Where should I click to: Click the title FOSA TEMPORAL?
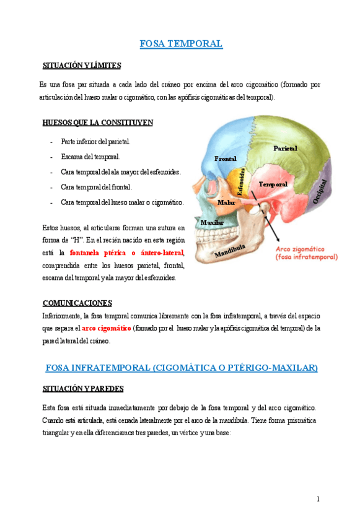tap(180, 43)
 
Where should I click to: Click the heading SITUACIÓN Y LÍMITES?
tap(81, 66)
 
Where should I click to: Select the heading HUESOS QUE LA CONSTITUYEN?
tap(97, 123)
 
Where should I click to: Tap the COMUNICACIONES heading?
tap(77, 303)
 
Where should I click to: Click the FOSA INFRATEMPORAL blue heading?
tap(182, 368)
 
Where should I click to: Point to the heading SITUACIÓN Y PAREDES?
tap(83, 389)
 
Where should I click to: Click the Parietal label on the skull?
tap(285, 149)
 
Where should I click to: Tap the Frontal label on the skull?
tap(225, 159)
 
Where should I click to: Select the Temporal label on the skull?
tap(273, 184)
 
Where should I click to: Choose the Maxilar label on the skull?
tap(212, 222)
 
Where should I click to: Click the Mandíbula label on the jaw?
tap(230, 250)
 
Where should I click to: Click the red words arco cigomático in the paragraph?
tap(106, 328)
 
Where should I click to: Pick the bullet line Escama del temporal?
tap(90, 157)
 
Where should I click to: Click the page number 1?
tap(318, 499)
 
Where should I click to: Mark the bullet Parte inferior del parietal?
tap(95, 142)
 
